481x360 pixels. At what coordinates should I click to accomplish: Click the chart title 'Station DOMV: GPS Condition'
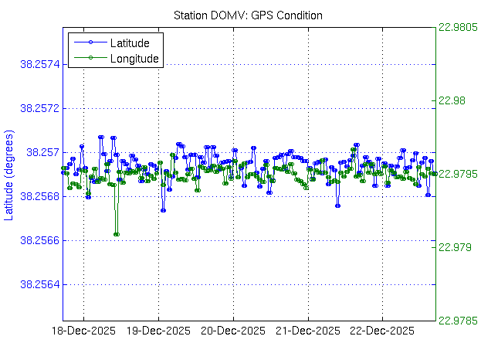click(x=248, y=15)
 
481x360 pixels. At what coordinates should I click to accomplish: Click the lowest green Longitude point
click(x=116, y=234)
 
